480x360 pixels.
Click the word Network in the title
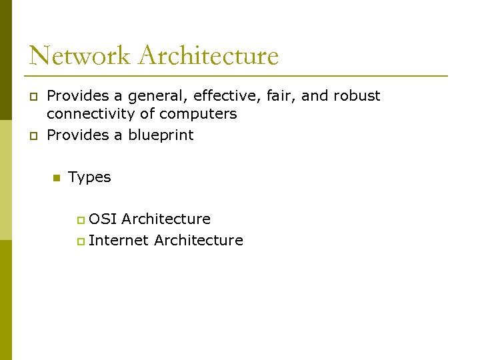click(x=79, y=55)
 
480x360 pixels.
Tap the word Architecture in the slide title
click(x=208, y=55)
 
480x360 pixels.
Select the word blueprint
click(x=161, y=135)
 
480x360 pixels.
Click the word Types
click(x=89, y=177)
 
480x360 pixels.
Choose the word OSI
click(x=103, y=219)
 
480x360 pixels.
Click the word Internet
click(x=118, y=240)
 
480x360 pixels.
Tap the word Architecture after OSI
click(x=166, y=219)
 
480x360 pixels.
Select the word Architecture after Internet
click(x=198, y=240)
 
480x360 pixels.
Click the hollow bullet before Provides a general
click(x=33, y=97)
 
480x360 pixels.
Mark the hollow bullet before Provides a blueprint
click(x=33, y=136)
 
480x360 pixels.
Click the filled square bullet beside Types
click(x=56, y=178)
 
